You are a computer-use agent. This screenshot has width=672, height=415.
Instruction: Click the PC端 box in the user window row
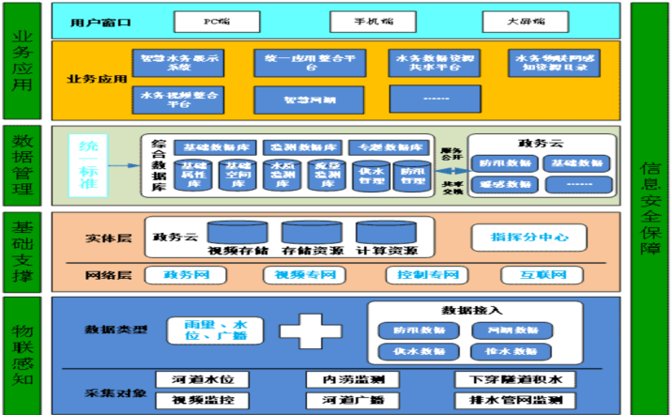point(217,19)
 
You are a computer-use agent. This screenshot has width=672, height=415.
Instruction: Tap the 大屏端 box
point(526,19)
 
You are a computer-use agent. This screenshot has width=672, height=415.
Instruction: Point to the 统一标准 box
point(90,166)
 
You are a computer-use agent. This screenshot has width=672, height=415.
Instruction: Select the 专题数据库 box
point(388,147)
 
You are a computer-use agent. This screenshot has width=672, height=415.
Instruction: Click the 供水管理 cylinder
point(371,176)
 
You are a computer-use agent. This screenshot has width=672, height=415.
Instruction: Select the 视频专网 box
point(298,276)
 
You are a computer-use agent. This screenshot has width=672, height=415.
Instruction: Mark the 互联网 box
point(547,276)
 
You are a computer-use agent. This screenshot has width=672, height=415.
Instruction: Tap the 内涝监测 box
point(353,379)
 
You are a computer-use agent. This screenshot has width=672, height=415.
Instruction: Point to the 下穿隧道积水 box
point(508,379)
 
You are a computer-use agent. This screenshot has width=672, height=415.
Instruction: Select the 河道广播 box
point(353,400)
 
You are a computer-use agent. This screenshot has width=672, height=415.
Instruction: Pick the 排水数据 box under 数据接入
point(505,351)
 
